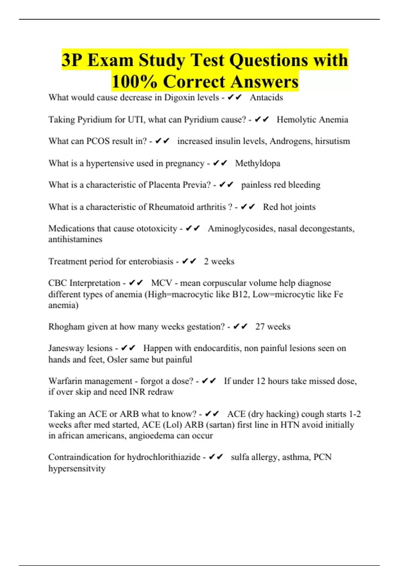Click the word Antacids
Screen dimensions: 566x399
coord(266,98)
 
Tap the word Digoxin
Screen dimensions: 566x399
coord(180,98)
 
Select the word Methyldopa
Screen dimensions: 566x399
coord(258,163)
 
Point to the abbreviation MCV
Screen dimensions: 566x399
coord(162,283)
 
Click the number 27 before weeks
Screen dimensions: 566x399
coord(260,327)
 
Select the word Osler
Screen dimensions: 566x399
coord(116,360)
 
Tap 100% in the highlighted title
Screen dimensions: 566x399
coord(134,81)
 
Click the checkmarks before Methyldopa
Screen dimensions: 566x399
coord(220,163)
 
